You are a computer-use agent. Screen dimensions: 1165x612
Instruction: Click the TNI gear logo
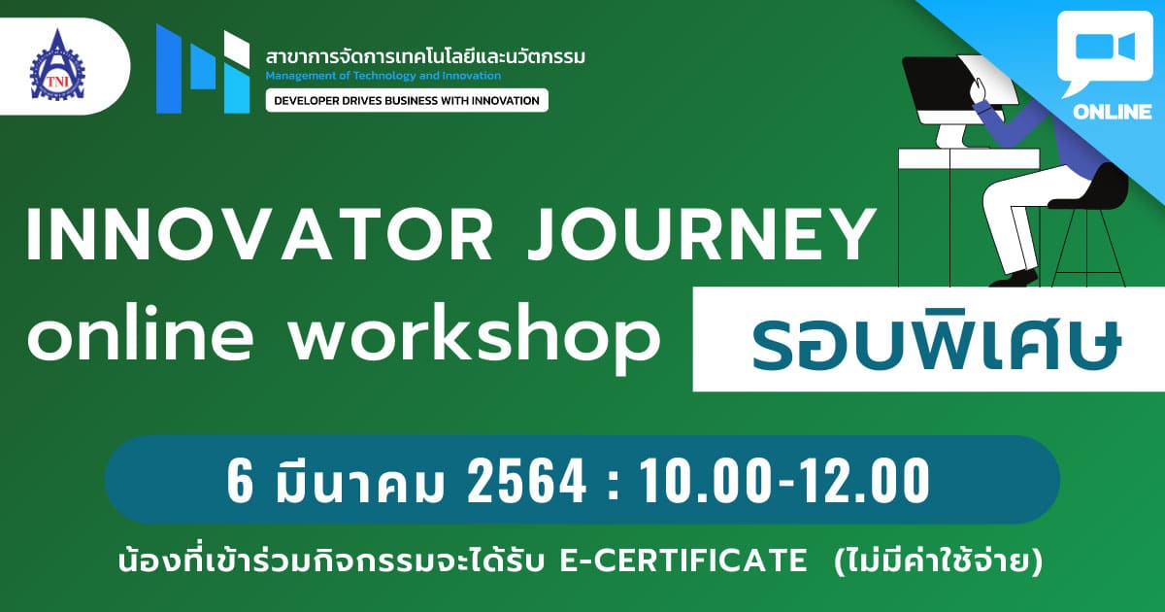coord(57,65)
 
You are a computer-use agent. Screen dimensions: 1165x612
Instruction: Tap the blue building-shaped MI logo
coord(203,69)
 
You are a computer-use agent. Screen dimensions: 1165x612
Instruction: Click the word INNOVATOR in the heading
coord(259,234)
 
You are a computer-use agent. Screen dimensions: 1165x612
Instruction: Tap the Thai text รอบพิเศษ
coord(936,342)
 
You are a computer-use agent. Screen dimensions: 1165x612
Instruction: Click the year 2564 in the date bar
coord(527,479)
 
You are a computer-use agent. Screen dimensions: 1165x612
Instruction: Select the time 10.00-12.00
coord(784,479)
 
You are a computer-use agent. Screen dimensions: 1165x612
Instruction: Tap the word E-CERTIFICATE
coord(682,561)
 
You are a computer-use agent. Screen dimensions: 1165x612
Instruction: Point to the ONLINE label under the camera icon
coord(1112,112)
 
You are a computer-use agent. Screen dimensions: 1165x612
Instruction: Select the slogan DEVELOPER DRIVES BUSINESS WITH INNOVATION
coord(407,100)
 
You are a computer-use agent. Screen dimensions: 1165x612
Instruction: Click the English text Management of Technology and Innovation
coord(383,76)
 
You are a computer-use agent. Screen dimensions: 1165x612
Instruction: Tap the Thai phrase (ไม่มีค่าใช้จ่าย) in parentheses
coord(938,561)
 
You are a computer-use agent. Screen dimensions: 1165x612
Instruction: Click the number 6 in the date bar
coord(241,480)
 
